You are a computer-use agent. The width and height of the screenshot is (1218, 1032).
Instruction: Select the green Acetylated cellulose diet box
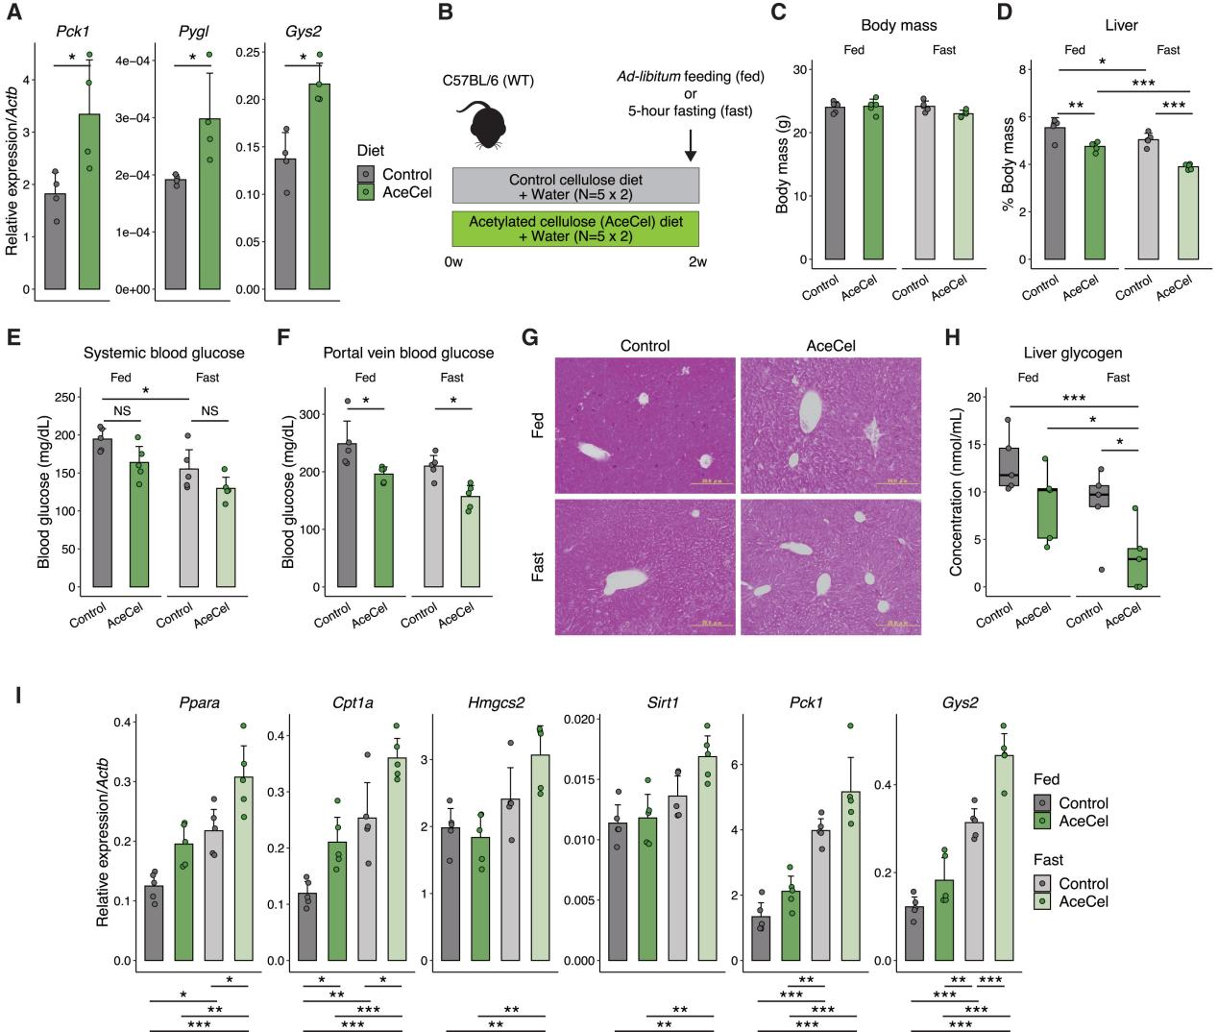tap(575, 230)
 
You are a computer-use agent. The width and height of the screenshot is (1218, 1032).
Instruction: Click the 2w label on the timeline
tap(696, 261)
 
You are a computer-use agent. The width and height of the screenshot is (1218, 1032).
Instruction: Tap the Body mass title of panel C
tap(898, 25)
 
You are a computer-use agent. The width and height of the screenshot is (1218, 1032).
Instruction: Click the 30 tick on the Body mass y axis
tap(802, 69)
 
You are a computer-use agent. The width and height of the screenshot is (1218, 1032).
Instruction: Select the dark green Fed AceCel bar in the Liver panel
tap(1094, 203)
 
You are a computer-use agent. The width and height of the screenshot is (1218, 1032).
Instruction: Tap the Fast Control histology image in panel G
tap(646, 567)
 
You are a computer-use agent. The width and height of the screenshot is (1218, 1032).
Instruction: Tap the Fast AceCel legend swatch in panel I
tap(1044, 901)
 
